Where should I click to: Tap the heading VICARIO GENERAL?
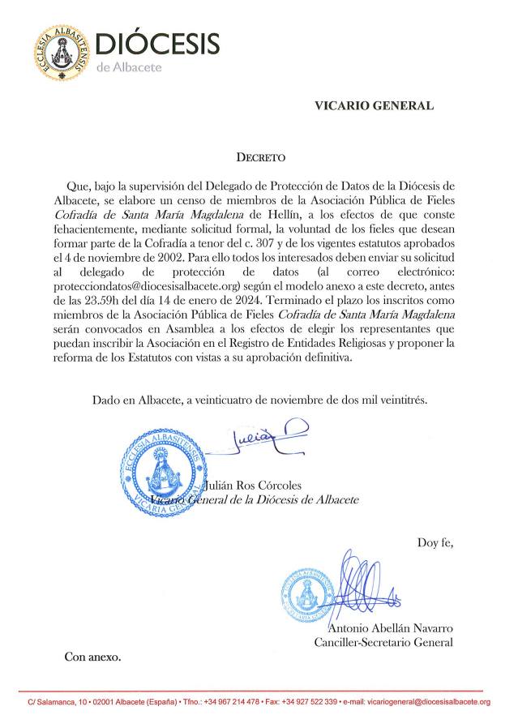click(362, 105)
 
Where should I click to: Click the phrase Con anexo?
click(92, 657)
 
